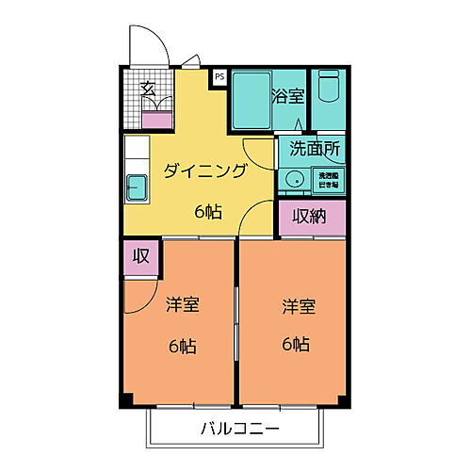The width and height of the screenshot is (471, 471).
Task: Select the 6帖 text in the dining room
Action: point(209,211)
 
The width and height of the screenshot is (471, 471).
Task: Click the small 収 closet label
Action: point(139,255)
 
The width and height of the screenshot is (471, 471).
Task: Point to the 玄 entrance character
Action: point(149,89)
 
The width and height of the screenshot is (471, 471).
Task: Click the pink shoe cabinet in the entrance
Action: point(156,119)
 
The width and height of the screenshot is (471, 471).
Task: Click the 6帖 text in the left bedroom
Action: point(184,345)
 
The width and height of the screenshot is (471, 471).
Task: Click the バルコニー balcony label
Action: point(239,429)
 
